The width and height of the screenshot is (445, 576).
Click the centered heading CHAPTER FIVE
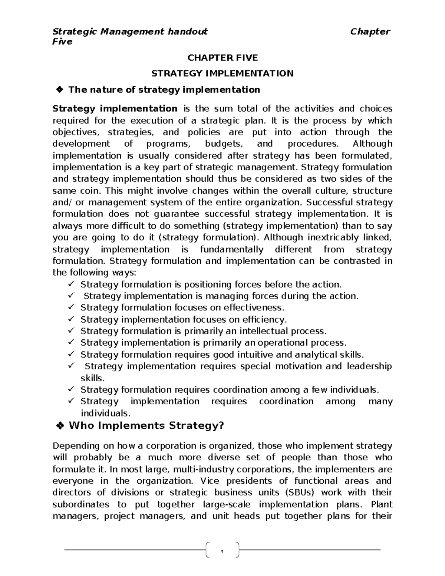(x=222, y=58)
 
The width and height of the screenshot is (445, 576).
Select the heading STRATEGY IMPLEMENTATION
(x=222, y=73)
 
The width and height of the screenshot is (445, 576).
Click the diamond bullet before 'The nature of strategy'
(x=59, y=90)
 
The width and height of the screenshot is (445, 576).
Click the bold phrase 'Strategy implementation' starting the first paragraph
(x=115, y=109)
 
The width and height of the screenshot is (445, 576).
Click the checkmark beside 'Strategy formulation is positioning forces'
(x=71, y=284)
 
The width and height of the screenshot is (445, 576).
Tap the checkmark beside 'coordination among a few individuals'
(x=71, y=389)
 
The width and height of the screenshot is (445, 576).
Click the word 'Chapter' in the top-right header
(x=370, y=32)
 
